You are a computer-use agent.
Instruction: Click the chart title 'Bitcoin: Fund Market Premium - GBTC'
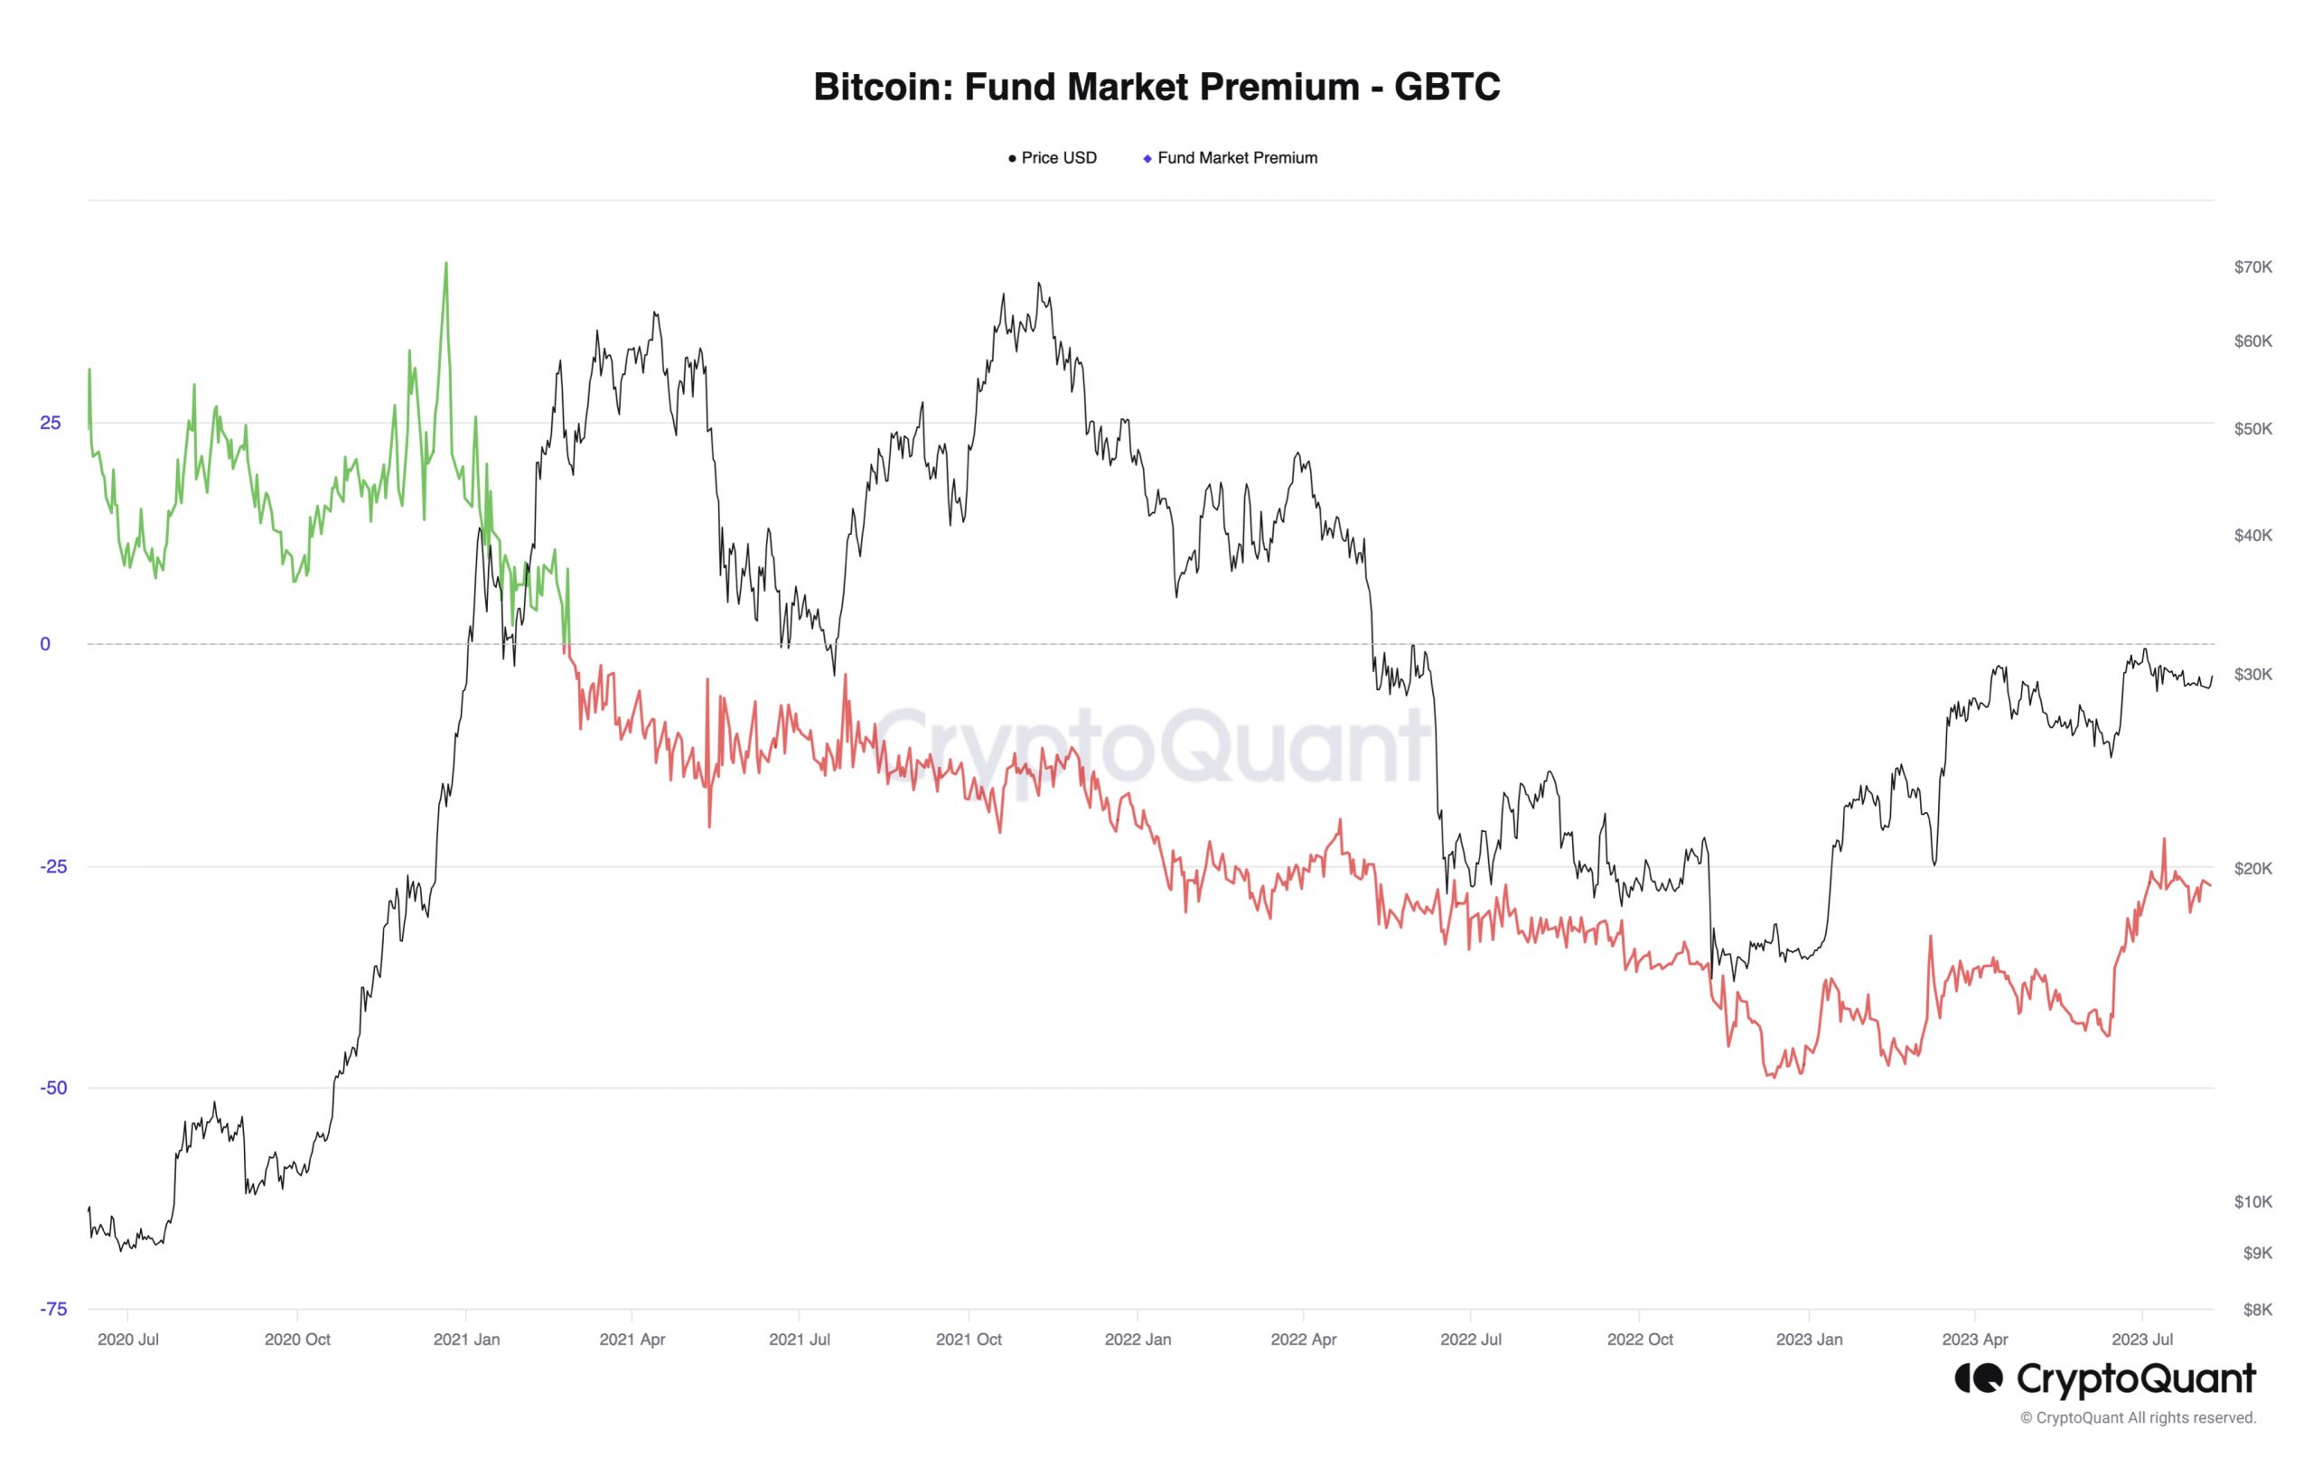(x=1156, y=87)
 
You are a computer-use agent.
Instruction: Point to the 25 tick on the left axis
(x=50, y=424)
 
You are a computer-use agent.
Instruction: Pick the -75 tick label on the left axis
(x=54, y=1309)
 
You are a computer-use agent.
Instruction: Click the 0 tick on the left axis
(x=45, y=644)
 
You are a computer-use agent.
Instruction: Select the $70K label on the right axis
(x=2252, y=267)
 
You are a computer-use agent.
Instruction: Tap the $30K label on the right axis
(x=2252, y=674)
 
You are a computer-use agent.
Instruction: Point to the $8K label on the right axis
(x=2256, y=1309)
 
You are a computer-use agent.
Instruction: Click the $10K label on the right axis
(x=2252, y=1201)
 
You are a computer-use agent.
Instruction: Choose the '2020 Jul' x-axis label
(x=127, y=1339)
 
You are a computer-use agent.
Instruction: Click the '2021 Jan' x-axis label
(x=466, y=1339)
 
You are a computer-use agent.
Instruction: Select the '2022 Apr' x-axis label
(x=1304, y=1339)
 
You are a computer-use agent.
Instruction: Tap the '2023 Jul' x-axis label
(x=2142, y=1339)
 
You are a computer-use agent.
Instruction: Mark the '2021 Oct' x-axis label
(x=969, y=1339)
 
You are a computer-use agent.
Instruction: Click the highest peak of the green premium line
(x=445, y=263)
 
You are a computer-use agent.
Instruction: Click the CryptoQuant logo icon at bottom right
(x=1979, y=1379)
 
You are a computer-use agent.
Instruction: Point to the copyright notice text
(x=2137, y=1417)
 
